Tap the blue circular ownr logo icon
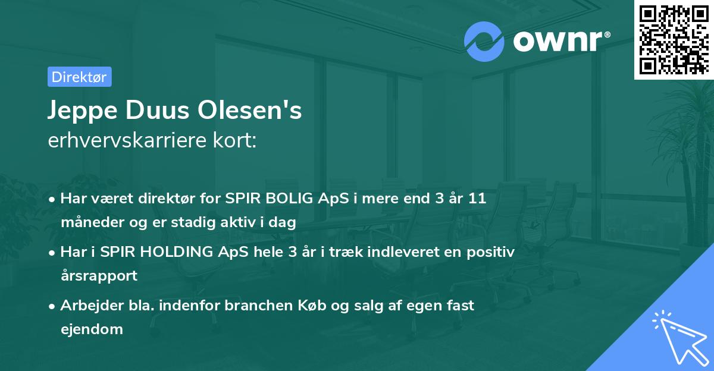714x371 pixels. point(484,41)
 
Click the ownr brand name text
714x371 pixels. point(560,41)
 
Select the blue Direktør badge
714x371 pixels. point(79,77)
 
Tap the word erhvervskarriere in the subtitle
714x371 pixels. point(123,140)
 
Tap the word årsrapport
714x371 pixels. point(99,276)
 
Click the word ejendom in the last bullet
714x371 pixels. point(92,329)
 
